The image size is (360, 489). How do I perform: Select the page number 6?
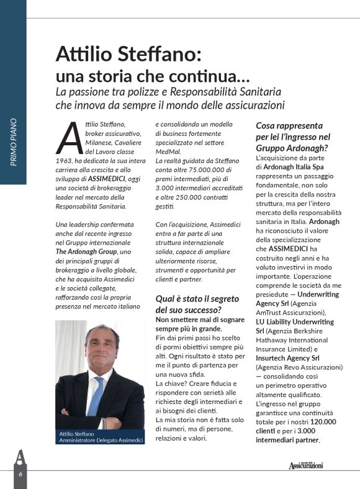[20, 473]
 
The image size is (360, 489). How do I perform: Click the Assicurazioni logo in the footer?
[305, 465]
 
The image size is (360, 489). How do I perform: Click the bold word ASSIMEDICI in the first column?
[109, 177]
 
